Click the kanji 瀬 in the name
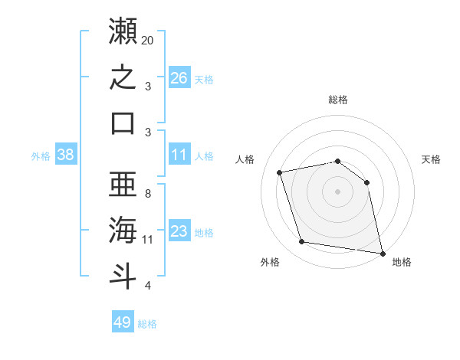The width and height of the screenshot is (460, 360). pyautogui.click(x=123, y=31)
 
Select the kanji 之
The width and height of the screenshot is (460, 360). pyautogui.click(x=123, y=77)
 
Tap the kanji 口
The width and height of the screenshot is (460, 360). pyautogui.click(x=123, y=123)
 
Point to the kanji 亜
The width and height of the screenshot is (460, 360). pyautogui.click(x=123, y=184)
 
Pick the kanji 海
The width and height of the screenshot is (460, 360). pyautogui.click(x=123, y=230)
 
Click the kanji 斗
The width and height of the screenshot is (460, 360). pyautogui.click(x=123, y=277)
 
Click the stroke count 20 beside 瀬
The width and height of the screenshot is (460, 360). pyautogui.click(x=147, y=41)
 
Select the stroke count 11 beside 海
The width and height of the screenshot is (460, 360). pyautogui.click(x=147, y=240)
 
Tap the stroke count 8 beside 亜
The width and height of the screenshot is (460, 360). pyautogui.click(x=148, y=194)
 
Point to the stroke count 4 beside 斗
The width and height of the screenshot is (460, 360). pyautogui.click(x=148, y=286)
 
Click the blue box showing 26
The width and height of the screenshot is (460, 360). pyautogui.click(x=179, y=77)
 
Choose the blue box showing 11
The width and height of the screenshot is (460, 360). pyautogui.click(x=179, y=154)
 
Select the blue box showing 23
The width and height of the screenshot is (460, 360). pyautogui.click(x=179, y=230)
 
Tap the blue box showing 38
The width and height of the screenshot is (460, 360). pyautogui.click(x=66, y=154)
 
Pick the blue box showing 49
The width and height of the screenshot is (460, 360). pyautogui.click(x=123, y=321)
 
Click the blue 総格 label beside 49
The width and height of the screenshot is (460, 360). pyautogui.click(x=147, y=324)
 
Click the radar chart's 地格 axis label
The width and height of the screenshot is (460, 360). pyautogui.click(x=402, y=262)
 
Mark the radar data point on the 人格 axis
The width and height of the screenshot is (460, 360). pyautogui.click(x=279, y=172)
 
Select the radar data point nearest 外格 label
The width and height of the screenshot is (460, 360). pyautogui.click(x=301, y=241)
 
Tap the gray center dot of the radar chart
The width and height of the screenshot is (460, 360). pyautogui.click(x=337, y=191)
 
